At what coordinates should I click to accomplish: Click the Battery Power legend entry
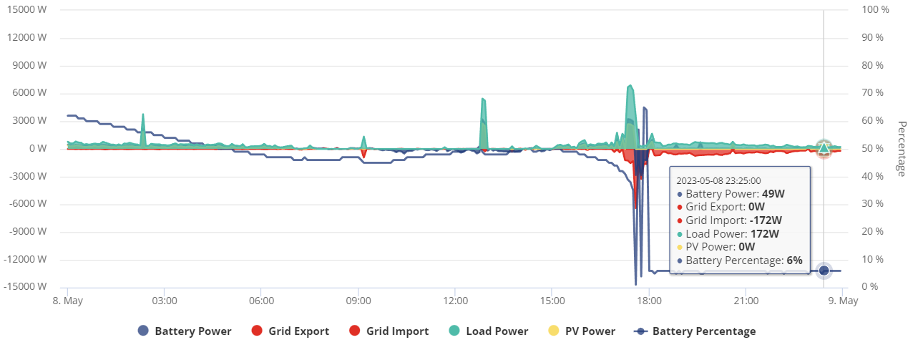click(185, 331)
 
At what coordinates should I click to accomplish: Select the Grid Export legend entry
click(290, 331)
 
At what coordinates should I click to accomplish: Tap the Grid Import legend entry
click(389, 331)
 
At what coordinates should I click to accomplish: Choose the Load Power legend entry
click(489, 331)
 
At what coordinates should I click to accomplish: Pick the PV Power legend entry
click(582, 331)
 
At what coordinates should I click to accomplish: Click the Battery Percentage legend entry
click(695, 331)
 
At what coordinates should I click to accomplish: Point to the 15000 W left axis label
click(27, 9)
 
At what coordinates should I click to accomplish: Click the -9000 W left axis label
click(28, 231)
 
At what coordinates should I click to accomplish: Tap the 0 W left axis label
click(38, 148)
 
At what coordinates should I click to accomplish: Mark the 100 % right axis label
click(875, 9)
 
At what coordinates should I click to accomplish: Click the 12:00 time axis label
click(455, 301)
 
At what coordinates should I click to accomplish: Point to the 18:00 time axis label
click(649, 301)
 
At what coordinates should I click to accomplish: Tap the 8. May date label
click(68, 301)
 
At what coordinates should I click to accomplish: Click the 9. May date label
click(843, 301)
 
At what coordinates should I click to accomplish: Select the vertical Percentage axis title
click(902, 149)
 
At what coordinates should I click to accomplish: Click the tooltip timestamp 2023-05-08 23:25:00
click(718, 181)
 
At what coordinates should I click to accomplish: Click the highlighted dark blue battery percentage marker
click(824, 271)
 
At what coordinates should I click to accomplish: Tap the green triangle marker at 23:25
click(824, 148)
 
